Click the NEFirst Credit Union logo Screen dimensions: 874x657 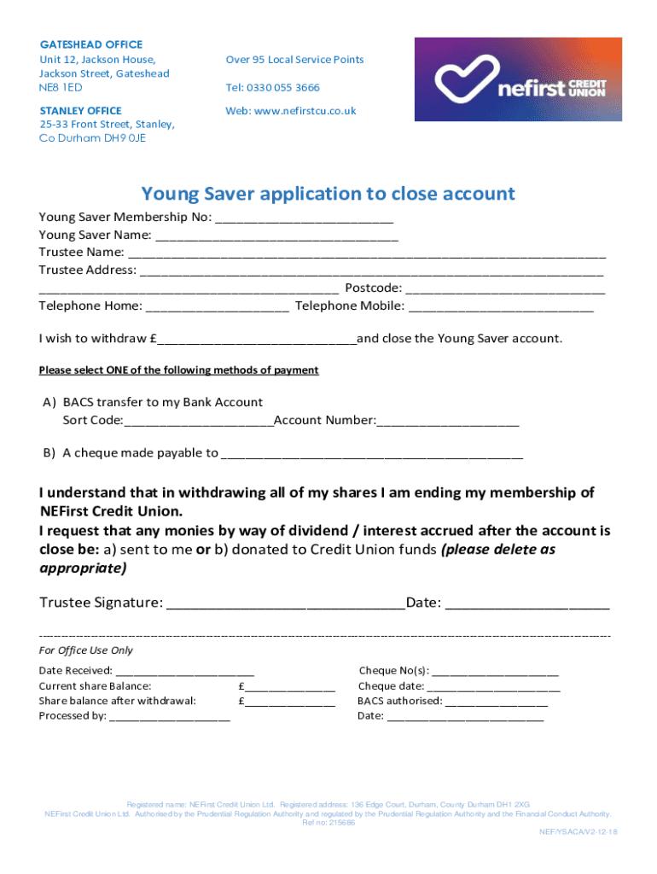point(520,79)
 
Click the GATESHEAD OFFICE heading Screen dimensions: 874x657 point(91,44)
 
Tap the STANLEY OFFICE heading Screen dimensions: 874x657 point(81,111)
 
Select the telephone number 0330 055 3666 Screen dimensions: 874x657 point(285,88)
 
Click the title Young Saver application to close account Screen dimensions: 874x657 point(328,194)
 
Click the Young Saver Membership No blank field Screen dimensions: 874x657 point(305,217)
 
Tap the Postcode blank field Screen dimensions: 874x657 point(506,288)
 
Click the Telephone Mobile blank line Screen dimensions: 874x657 point(501,306)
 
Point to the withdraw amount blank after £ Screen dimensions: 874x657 point(257,339)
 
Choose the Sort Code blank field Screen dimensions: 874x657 point(199,421)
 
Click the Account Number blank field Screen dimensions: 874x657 point(447,421)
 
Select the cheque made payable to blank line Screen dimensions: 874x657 point(372,453)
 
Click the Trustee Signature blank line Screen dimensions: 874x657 point(286,603)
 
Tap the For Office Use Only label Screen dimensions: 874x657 point(86,650)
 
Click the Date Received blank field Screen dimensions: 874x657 point(184,672)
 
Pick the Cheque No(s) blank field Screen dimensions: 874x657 point(496,672)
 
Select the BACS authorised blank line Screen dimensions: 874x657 point(496,702)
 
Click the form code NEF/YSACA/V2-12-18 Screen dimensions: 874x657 point(578,832)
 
